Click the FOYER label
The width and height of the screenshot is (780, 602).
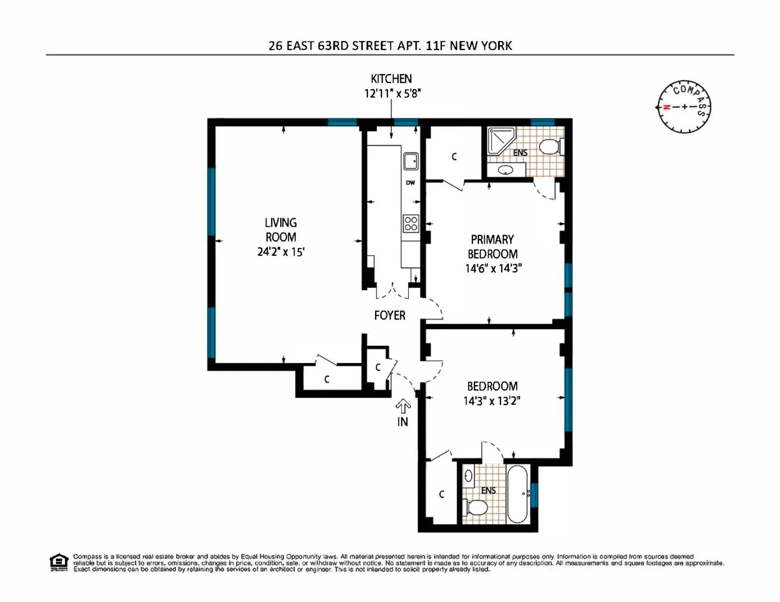click(389, 316)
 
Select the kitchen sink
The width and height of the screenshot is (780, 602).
click(410, 160)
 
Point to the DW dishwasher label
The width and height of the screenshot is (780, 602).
click(410, 183)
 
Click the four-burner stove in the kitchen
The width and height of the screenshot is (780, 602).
click(411, 223)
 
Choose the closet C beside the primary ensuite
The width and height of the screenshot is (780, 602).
click(454, 157)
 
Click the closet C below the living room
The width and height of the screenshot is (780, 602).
click(327, 381)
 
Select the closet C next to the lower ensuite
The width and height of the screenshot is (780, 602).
click(441, 494)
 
